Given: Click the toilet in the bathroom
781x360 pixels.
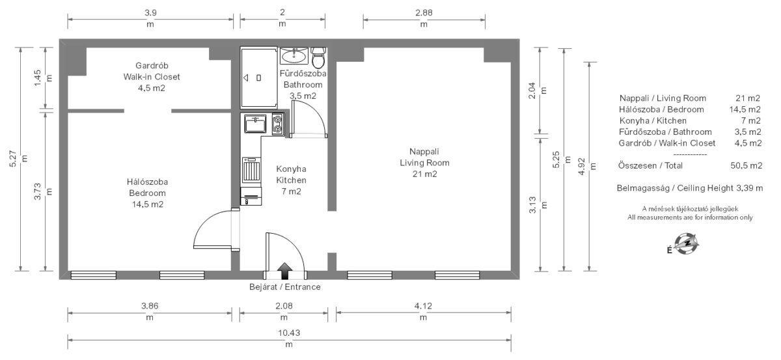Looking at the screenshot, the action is point(318,58).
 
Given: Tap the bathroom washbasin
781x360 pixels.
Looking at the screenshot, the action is point(294,56).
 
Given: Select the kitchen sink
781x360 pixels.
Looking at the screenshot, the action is point(255,124).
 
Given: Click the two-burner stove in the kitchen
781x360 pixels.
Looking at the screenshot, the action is point(278,124).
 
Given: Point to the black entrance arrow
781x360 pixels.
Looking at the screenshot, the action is point(285,271).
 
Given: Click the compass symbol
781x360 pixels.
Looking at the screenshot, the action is point(686,244).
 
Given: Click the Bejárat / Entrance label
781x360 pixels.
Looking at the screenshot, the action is point(285,287).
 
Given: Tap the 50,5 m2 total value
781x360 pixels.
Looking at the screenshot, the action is point(746,166).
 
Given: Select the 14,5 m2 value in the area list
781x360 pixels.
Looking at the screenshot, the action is point(745,109).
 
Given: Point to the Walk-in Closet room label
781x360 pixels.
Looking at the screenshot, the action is point(152,77).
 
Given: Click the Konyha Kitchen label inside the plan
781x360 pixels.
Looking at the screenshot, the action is point(291,174).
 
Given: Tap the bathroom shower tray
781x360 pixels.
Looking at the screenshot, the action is point(259,77).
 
